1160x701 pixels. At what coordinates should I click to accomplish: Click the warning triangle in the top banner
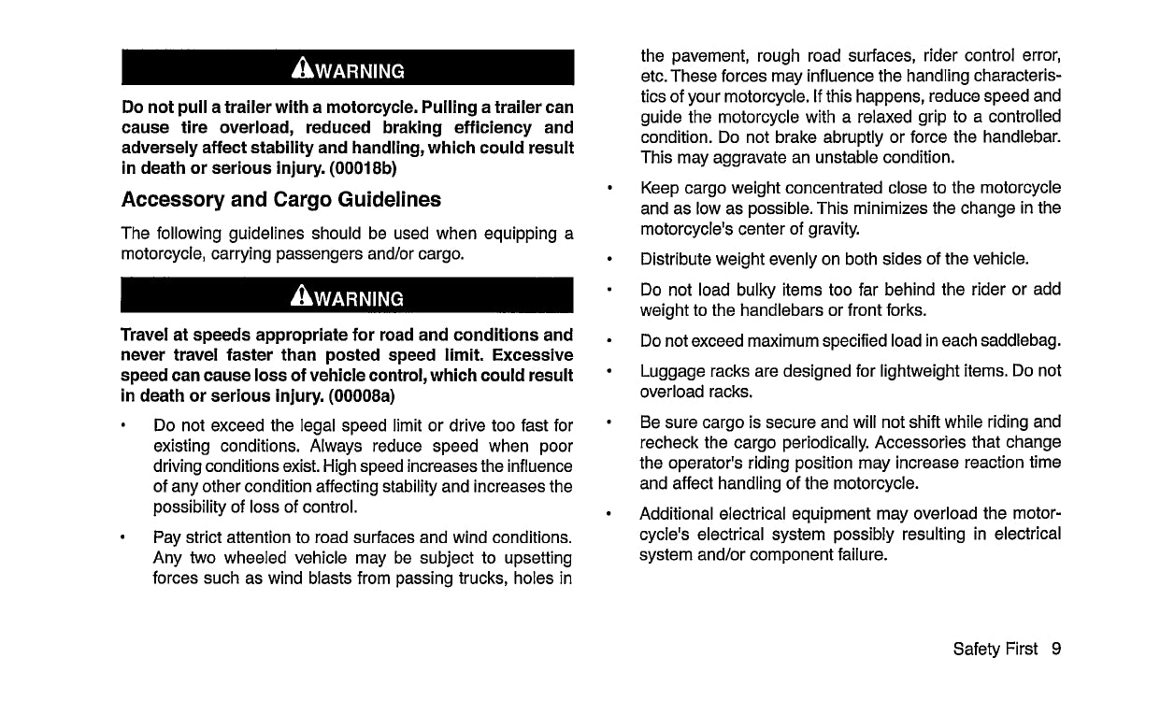tap(302, 69)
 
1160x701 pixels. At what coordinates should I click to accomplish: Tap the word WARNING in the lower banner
tap(359, 299)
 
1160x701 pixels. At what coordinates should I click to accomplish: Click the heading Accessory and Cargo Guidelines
tap(281, 199)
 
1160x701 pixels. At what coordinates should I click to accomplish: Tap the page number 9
tap(1055, 649)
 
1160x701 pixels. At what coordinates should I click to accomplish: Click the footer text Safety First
tap(995, 649)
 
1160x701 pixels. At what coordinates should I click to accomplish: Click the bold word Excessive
tap(533, 355)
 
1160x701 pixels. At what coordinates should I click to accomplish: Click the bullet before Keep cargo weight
tap(609, 187)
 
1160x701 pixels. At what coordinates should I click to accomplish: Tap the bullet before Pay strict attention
tap(122, 537)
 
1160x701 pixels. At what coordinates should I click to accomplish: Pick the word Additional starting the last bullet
tap(678, 514)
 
